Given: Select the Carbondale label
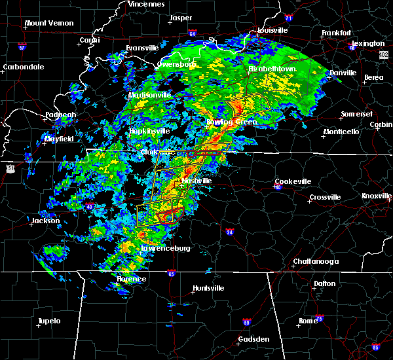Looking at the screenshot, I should click(x=23, y=67).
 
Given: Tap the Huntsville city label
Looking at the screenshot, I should click(x=209, y=288).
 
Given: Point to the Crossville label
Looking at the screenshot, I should click(x=326, y=197).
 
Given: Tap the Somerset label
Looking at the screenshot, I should click(x=356, y=115).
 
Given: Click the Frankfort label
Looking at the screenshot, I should click(x=337, y=33).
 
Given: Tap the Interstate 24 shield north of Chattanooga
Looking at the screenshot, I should click(x=230, y=232).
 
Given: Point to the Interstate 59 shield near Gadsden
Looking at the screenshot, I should click(x=246, y=322).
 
